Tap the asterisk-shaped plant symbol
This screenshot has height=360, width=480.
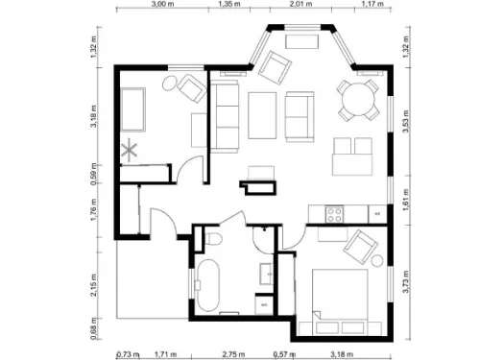(x=132, y=149)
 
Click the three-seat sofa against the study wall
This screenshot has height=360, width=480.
(x=226, y=115)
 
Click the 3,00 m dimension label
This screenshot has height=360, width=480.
(x=162, y=5)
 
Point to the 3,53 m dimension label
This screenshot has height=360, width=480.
(x=407, y=128)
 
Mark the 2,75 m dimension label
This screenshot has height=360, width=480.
(x=228, y=353)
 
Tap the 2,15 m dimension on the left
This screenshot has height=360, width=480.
(x=95, y=285)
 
